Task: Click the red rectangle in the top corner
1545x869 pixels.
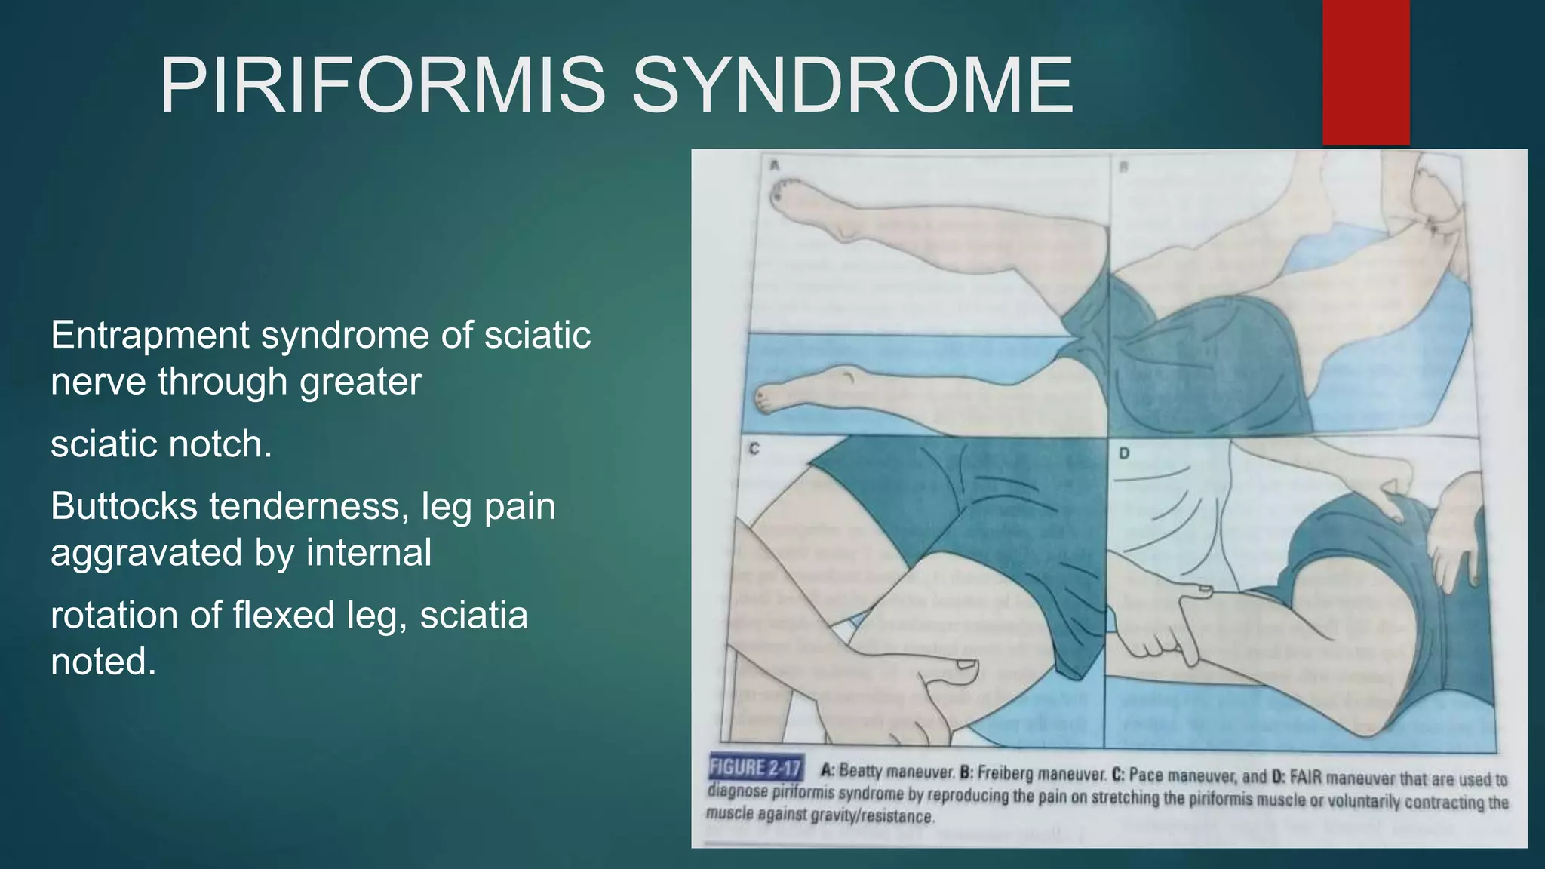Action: (1365, 72)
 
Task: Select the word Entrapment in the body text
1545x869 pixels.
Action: (149, 336)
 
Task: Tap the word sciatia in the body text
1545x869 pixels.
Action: (474, 615)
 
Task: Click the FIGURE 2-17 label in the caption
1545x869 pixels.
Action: (755, 768)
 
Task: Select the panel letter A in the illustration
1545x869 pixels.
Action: (774, 164)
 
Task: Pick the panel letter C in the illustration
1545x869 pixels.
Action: (754, 450)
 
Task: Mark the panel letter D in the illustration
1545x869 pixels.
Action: (1124, 454)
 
